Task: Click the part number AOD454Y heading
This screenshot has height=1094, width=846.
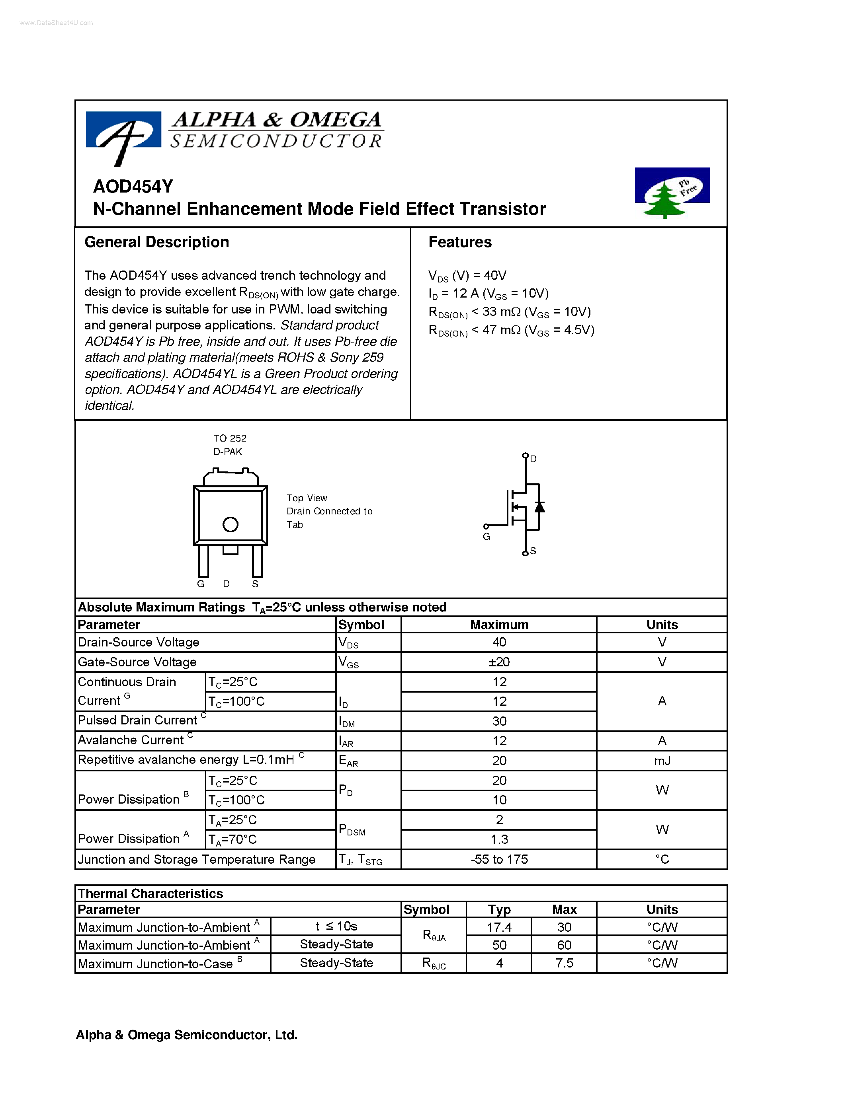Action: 133,186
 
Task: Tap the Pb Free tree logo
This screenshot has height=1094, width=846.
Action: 672,193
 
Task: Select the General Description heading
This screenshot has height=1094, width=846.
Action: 156,242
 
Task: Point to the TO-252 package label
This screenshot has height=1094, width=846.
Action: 230,438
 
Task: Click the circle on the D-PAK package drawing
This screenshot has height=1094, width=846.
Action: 230,524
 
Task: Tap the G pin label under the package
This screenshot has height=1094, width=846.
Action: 201,584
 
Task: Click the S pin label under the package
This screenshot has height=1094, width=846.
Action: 255,584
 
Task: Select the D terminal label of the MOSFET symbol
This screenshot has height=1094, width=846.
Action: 533,459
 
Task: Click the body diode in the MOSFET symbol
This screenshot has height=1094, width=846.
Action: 539,507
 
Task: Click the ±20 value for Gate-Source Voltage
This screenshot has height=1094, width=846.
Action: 499,662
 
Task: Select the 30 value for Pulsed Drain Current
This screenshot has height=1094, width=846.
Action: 499,721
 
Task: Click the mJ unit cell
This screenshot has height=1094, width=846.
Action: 662,761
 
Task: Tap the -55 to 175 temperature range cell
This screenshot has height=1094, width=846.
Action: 499,860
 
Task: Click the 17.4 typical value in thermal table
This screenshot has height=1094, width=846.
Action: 499,928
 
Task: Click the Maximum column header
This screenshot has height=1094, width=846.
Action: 499,625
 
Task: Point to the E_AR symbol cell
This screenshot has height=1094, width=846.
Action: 348,761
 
